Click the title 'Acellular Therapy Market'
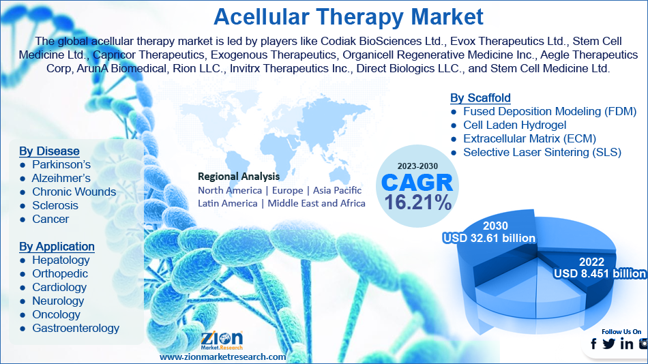coord(349,17)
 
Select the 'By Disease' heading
coord(49,151)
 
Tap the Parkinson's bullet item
coord(61,165)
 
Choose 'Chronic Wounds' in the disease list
coord(74,192)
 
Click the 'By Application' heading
coord(57,247)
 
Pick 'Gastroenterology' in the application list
coord(76,329)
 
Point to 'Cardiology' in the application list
coord(59,288)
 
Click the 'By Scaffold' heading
coord(480,98)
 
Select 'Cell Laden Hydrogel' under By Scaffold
coord(514,125)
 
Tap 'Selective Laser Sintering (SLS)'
coord(542,153)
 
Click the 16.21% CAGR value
coord(418,202)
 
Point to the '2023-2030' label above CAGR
coord(417,166)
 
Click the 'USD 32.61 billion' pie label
coord(489,239)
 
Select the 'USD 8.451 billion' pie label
coord(600,273)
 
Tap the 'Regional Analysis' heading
coord(239,177)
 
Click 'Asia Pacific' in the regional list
coord(337,190)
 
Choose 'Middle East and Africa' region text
coord(316,204)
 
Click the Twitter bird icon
coord(608,344)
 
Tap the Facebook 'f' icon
coord(593,344)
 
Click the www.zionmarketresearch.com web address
coord(223,357)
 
